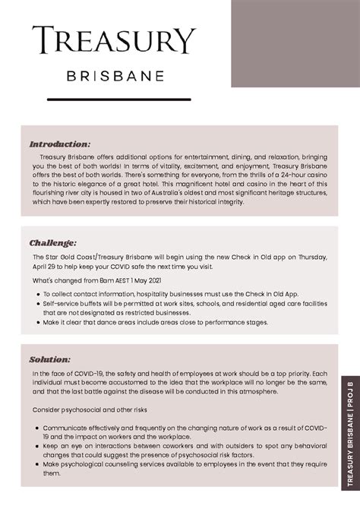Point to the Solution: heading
point(50,360)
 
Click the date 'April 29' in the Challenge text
point(46,267)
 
